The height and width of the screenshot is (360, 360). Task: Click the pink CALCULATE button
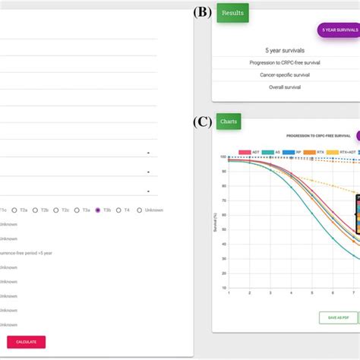[27, 342]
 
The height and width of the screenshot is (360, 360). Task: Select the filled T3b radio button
[98, 210]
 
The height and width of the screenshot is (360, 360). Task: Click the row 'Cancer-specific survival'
[285, 76]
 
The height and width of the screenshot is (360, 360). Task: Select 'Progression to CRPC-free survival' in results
[285, 62]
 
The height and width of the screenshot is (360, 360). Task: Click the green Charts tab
[228, 120]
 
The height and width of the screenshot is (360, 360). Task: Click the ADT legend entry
[250, 150]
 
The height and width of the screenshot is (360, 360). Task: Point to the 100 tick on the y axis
[223, 157]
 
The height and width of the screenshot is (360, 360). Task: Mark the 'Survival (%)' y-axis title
[216, 224]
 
